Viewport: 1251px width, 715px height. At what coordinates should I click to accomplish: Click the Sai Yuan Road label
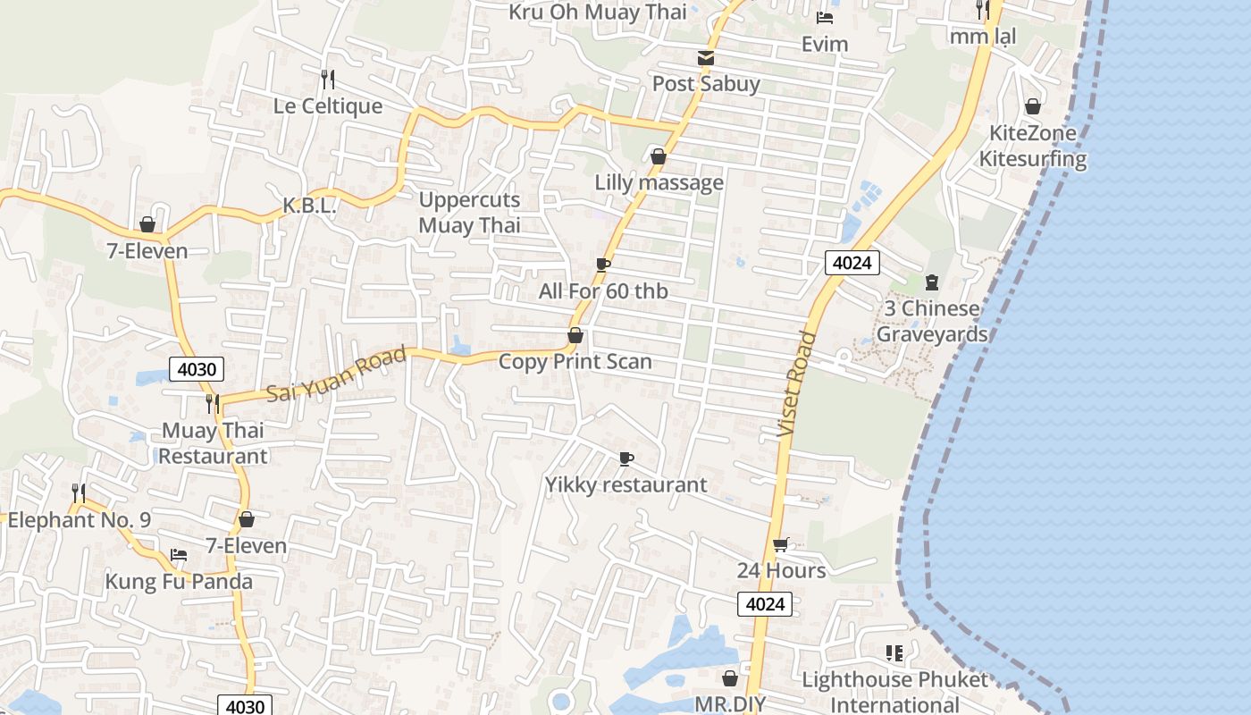(x=336, y=374)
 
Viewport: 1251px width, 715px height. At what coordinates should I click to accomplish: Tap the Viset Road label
(x=797, y=384)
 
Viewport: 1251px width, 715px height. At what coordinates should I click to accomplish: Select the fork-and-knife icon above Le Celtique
(x=328, y=80)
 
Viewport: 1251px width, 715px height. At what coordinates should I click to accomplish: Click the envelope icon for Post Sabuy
(x=706, y=58)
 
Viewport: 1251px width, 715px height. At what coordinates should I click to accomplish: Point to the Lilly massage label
(x=659, y=183)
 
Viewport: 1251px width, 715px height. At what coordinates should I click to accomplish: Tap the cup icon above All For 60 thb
(x=603, y=265)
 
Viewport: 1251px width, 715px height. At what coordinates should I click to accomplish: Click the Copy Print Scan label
(x=575, y=362)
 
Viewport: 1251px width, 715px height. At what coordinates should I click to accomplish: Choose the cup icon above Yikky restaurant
(x=626, y=458)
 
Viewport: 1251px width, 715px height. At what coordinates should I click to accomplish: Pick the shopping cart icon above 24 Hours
(x=781, y=544)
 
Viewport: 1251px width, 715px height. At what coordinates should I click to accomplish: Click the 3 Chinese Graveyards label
(x=931, y=322)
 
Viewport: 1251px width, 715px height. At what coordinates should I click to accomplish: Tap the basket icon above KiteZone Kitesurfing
(x=1032, y=107)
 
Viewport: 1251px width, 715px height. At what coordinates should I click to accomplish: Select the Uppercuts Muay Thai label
(x=469, y=213)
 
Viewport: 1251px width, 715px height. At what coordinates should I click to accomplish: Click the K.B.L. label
(x=309, y=206)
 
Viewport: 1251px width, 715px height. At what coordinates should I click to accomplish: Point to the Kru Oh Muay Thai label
(x=598, y=12)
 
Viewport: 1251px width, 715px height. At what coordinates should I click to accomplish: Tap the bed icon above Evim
(x=825, y=17)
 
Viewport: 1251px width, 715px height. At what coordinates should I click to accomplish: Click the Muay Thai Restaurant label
(x=213, y=443)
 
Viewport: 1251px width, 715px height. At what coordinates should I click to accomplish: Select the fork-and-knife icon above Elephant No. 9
(x=79, y=492)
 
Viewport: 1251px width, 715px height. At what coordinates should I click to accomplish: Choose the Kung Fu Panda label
(x=179, y=582)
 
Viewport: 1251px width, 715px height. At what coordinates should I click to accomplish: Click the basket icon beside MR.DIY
(x=730, y=678)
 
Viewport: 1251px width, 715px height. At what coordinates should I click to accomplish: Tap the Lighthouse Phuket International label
(x=894, y=692)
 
